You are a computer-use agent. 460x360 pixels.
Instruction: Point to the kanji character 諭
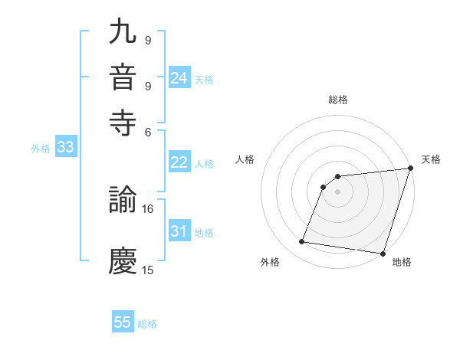(123, 200)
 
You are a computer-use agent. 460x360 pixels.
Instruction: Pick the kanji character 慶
(123, 261)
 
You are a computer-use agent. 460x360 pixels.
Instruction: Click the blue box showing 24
(179, 78)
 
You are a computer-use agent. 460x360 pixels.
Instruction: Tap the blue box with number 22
(179, 162)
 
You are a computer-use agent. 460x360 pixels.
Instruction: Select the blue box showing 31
(179, 231)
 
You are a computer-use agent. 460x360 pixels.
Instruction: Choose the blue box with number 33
(65, 148)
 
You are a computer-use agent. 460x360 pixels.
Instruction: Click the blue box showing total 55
(123, 322)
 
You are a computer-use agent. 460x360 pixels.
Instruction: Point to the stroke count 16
(148, 208)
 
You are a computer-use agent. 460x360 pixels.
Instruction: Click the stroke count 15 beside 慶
(148, 270)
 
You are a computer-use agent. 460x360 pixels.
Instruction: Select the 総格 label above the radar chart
(338, 100)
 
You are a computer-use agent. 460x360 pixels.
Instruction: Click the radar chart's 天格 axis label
(431, 159)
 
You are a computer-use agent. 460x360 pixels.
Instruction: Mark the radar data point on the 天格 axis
(410, 169)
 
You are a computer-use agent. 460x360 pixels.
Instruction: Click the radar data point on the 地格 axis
(383, 254)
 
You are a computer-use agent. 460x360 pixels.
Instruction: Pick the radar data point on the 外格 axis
(302, 242)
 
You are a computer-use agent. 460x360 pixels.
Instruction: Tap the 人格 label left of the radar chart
(245, 159)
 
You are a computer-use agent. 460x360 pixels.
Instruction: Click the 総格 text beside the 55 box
(147, 324)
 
